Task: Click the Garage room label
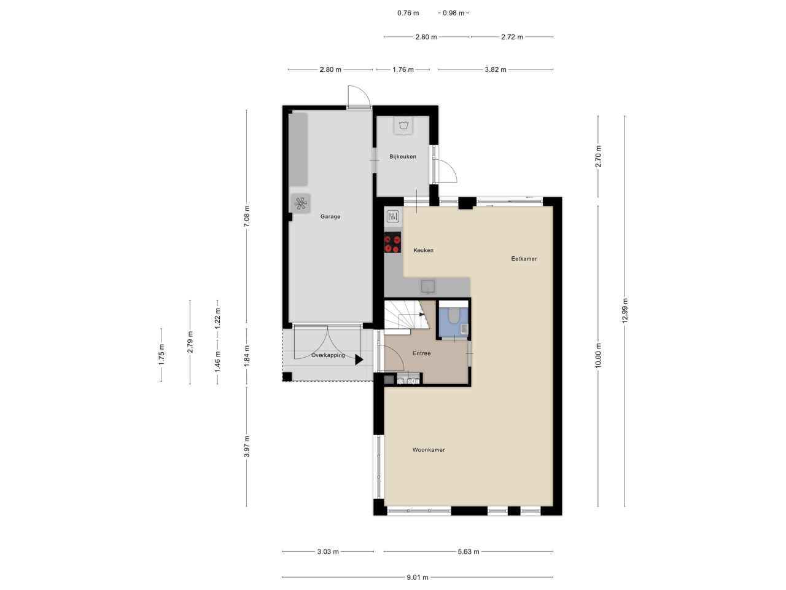pyautogui.click(x=330, y=216)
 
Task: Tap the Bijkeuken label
pyautogui.click(x=402, y=157)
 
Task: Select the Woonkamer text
pyautogui.click(x=428, y=450)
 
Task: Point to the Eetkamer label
pyautogui.click(x=524, y=259)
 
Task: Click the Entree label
pyautogui.click(x=421, y=353)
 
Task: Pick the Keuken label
pyautogui.click(x=423, y=250)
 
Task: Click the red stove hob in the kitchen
pyautogui.click(x=392, y=243)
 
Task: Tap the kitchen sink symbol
pyautogui.click(x=428, y=287)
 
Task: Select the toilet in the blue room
pyautogui.click(x=454, y=315)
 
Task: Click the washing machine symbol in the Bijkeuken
pyautogui.click(x=403, y=125)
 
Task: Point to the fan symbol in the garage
pyautogui.click(x=300, y=203)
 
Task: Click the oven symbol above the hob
pyautogui.click(x=393, y=216)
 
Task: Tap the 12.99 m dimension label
pyautogui.click(x=625, y=310)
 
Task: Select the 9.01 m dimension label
pyautogui.click(x=418, y=577)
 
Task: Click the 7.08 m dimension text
pyautogui.click(x=246, y=216)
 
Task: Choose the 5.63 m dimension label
pyautogui.click(x=469, y=551)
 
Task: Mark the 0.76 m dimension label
pyautogui.click(x=408, y=13)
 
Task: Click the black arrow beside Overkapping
pyautogui.click(x=359, y=360)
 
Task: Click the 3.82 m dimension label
pyautogui.click(x=496, y=69)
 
